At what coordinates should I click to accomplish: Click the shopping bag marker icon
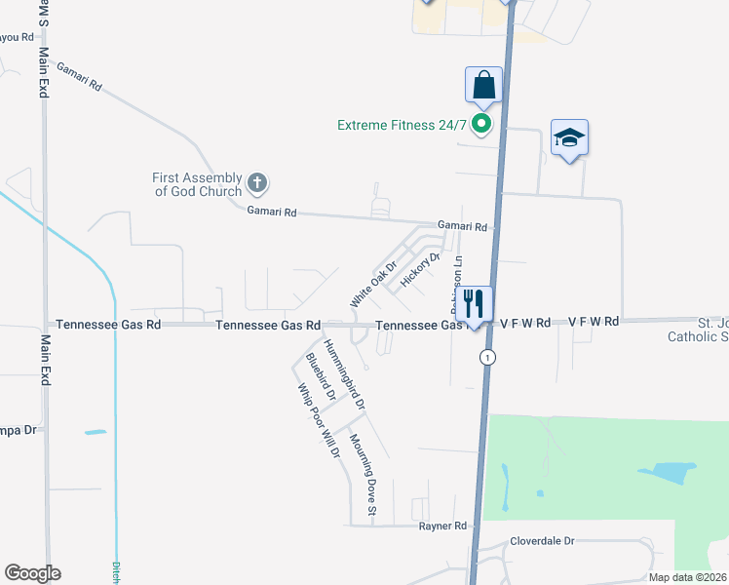pos(484,86)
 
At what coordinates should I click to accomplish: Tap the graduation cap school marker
pos(569,138)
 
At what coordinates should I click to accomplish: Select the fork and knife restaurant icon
pos(474,303)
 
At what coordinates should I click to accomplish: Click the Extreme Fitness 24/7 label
pos(402,125)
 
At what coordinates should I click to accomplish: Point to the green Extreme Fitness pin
pos(480,124)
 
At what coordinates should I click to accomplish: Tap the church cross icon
pos(257,182)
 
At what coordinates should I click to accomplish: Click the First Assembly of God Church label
pos(197,184)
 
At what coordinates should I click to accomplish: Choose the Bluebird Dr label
pos(321,378)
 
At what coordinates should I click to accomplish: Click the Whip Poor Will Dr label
pos(319,420)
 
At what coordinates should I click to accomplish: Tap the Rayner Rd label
pos(443,526)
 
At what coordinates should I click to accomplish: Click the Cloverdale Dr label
pos(543,540)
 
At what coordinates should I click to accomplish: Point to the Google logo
pos(32,573)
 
